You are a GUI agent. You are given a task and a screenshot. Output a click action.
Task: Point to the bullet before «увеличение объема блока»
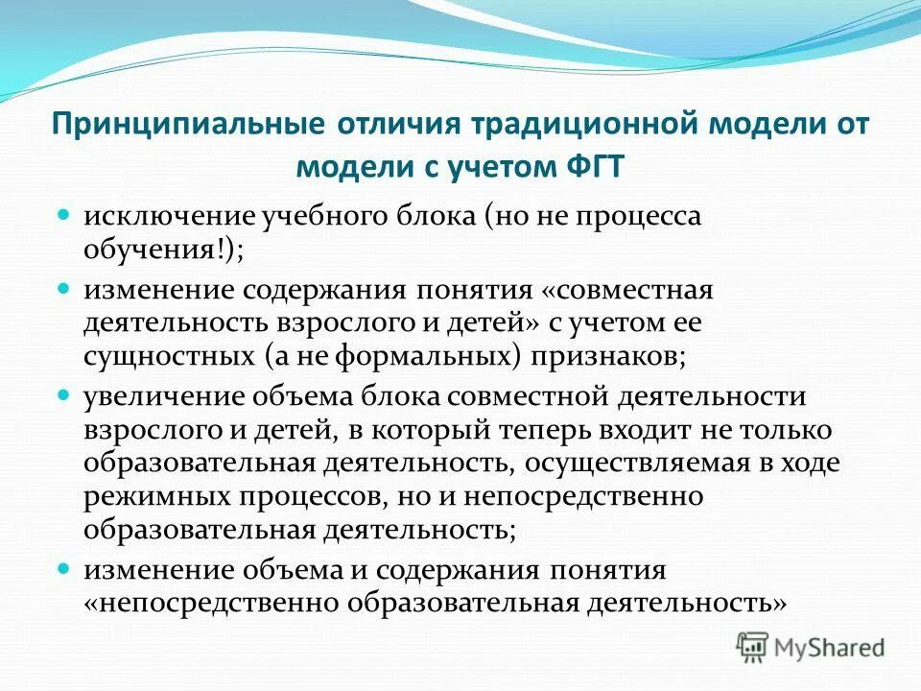66,393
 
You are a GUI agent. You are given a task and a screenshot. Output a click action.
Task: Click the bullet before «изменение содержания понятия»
66,286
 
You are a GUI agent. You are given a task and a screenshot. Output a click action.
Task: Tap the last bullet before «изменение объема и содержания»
66,567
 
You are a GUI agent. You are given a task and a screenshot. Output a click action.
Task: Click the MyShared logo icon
754,648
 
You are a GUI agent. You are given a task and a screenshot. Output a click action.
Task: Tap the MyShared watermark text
829,648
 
